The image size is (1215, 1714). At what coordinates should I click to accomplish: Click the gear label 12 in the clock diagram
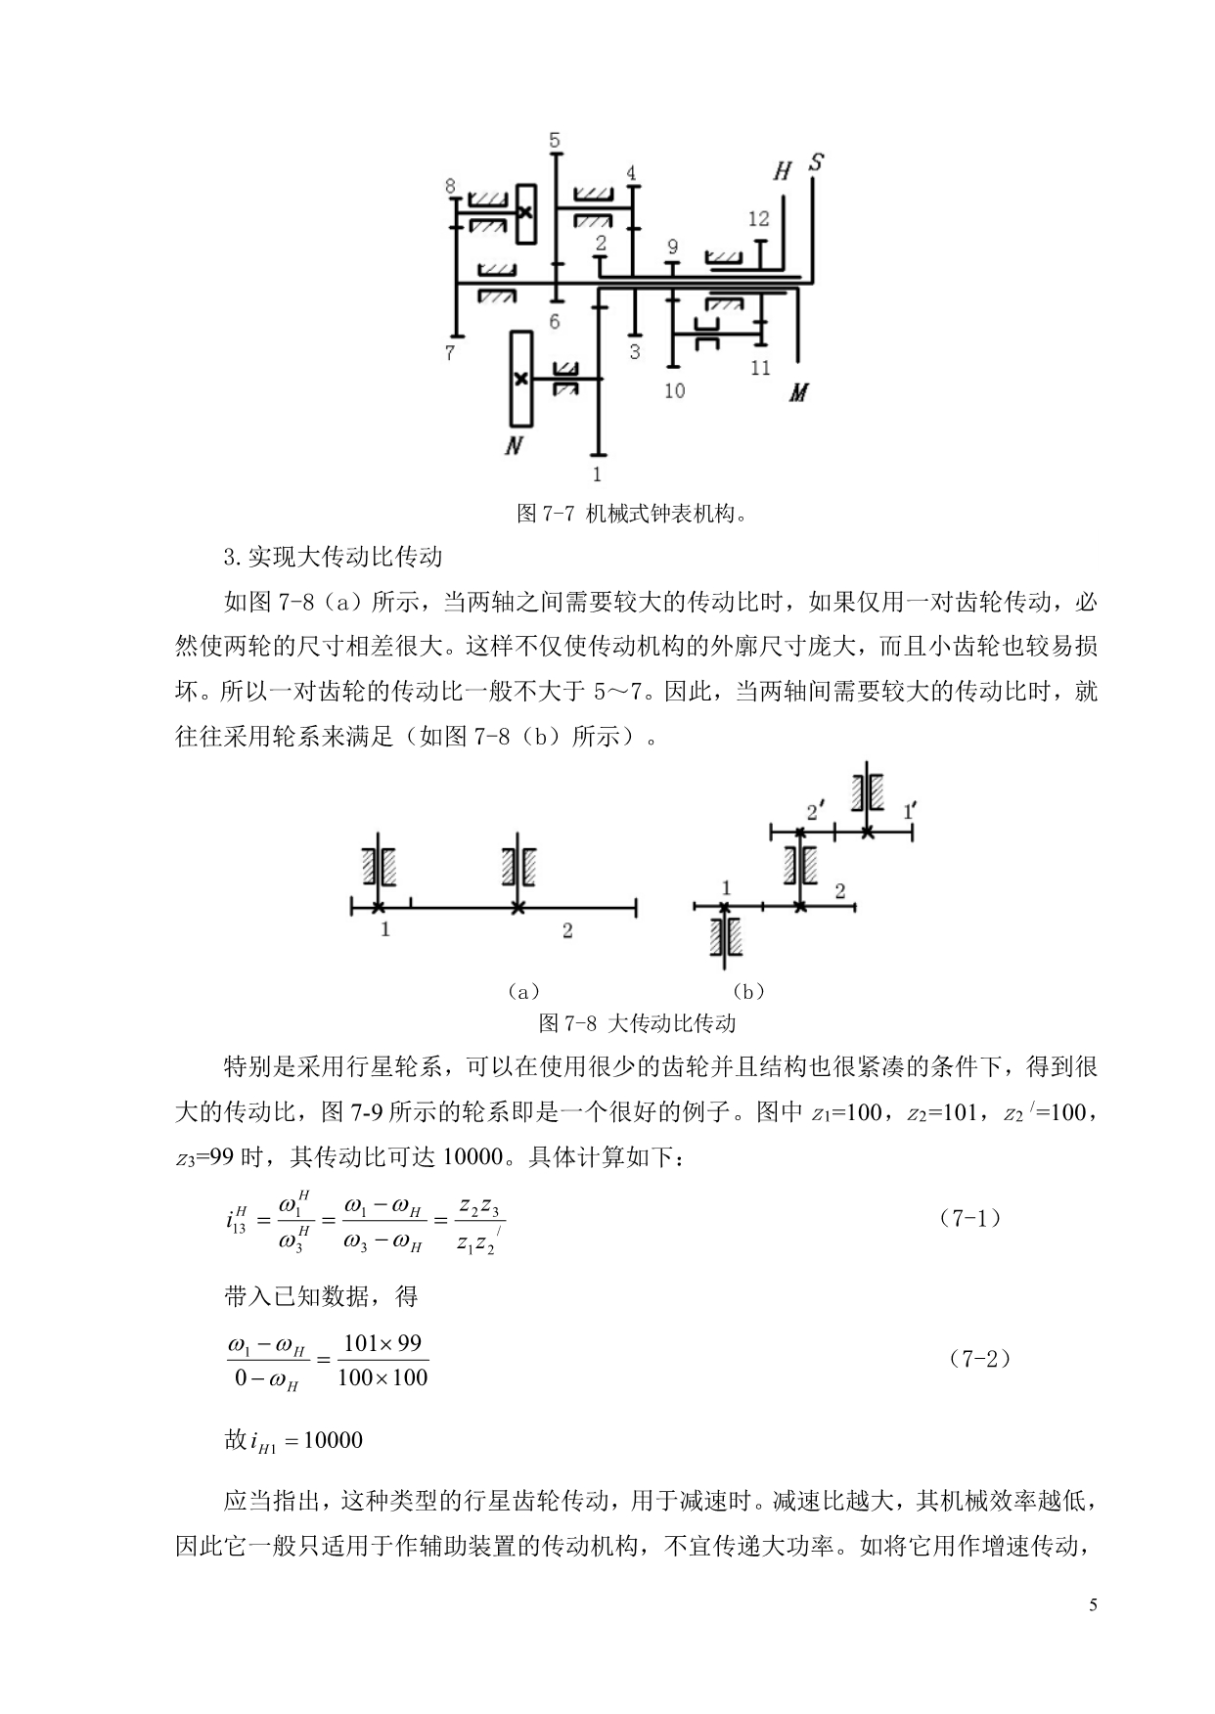(759, 219)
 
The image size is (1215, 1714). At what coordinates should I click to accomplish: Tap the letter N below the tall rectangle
(514, 447)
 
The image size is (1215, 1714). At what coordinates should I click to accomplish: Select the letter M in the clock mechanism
(799, 393)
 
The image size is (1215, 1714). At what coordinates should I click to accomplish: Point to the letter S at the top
(815, 161)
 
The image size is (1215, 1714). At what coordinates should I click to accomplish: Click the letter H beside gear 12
(782, 172)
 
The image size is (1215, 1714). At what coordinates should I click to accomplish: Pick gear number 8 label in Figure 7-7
(450, 186)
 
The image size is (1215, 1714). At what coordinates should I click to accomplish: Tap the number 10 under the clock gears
(674, 391)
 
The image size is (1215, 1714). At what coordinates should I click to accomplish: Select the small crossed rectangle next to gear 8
(526, 213)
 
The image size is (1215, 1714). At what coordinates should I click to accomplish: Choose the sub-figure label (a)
(523, 992)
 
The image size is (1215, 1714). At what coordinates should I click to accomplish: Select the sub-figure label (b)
(748, 992)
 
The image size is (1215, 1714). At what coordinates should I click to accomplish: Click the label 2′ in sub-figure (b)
(815, 811)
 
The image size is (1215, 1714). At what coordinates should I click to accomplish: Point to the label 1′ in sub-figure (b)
(910, 811)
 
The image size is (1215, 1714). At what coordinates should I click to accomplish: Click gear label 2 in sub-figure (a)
(567, 931)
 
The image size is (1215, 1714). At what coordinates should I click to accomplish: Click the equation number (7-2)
(979, 1359)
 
